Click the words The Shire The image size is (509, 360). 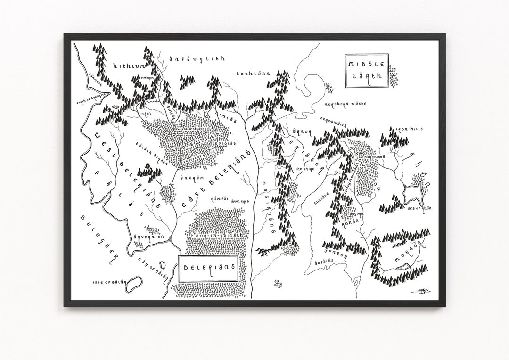coord(302,168)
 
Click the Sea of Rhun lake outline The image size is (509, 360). coord(414,193)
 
